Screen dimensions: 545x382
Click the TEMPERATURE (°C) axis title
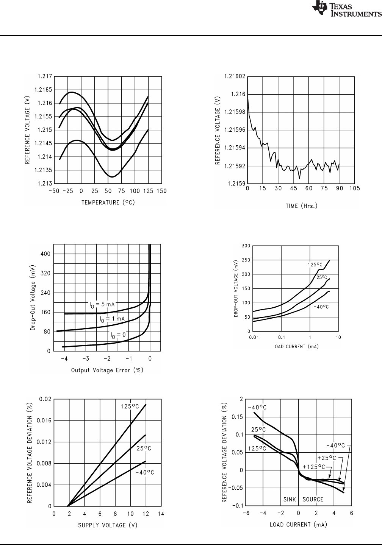point(108,202)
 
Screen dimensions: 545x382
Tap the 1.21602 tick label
point(235,76)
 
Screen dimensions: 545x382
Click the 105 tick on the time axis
point(354,188)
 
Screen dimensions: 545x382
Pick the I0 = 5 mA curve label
point(102,304)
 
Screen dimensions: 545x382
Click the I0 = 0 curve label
point(118,335)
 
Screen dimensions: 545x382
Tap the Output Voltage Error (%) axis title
point(107,370)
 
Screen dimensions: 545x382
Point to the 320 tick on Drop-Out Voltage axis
point(45,273)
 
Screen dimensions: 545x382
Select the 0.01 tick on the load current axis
point(253,337)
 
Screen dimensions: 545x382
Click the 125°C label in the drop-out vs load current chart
point(315,265)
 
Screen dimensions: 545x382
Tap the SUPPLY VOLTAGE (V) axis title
point(108,525)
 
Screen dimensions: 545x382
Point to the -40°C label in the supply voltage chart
point(145,472)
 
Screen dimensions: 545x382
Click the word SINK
point(291,499)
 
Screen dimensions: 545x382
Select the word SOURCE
point(313,499)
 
